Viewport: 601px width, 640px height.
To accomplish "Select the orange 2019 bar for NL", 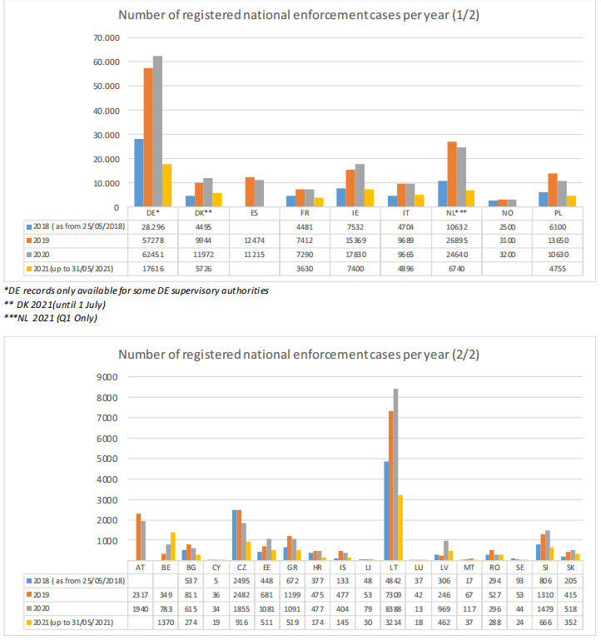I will tap(452, 174).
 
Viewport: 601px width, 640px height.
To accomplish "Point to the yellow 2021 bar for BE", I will tap(173, 546).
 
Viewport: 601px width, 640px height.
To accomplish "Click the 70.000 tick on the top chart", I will tap(107, 38).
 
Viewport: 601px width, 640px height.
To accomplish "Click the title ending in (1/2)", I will tap(300, 16).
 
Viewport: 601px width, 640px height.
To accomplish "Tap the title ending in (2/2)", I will tap(300, 355).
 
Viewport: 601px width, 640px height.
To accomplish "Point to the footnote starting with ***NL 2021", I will tap(51, 319).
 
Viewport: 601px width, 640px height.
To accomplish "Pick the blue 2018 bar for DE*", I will tap(139, 172).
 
